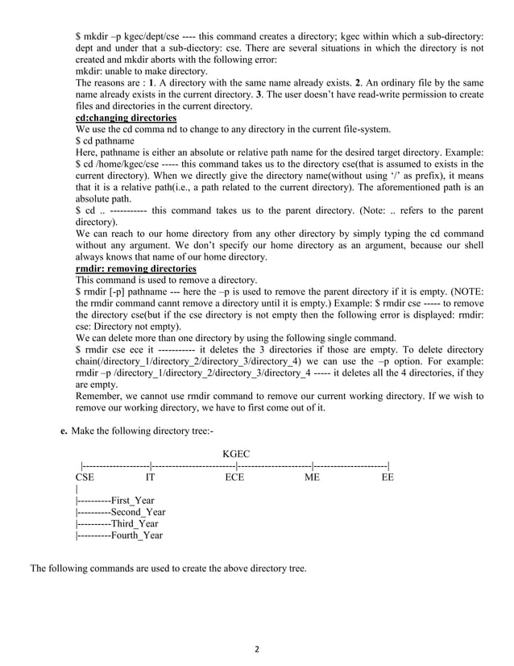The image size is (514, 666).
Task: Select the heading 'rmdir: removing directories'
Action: pos(135,268)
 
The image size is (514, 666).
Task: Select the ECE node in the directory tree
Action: pos(234,478)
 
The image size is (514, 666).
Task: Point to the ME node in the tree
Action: pos(312,478)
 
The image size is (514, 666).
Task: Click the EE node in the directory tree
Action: pos(388,478)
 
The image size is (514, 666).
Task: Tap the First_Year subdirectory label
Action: pos(132,501)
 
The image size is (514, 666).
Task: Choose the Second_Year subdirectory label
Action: pos(138,512)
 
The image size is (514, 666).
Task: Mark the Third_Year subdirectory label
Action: pos(135,523)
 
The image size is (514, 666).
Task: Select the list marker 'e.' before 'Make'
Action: pos(64,431)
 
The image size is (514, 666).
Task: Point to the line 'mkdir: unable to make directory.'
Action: pos(141,71)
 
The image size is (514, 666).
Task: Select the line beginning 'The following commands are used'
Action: pos(168,568)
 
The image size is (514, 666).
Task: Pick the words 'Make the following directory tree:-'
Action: pos(143,431)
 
